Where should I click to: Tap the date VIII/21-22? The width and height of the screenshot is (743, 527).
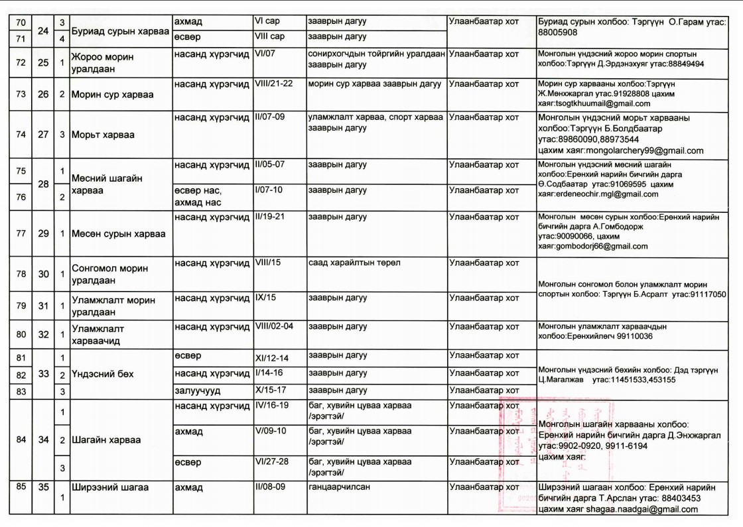coord(279,84)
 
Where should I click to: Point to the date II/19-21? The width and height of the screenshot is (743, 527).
coord(275,217)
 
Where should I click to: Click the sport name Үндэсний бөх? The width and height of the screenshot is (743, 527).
coord(102,374)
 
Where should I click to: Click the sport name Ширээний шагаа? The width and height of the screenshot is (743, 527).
coord(109,487)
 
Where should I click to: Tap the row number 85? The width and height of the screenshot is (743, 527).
coord(21,487)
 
